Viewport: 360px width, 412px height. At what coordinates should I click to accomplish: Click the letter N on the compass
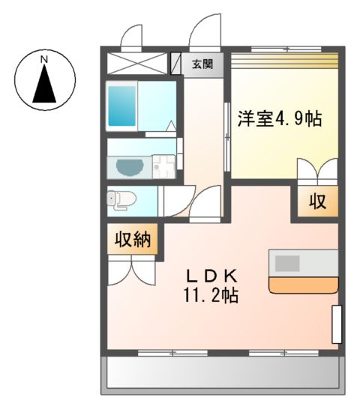44,58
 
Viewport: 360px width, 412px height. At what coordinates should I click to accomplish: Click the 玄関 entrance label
202,64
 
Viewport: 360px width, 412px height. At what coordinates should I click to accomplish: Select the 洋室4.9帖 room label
280,118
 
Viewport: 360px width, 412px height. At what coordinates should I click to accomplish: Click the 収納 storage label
133,240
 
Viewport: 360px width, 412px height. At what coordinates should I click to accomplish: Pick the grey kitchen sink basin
288,263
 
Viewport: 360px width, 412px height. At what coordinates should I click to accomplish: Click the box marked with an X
136,62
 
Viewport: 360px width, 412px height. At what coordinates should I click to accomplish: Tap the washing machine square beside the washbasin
164,166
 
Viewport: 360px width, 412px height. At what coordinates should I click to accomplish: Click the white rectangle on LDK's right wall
337,324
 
